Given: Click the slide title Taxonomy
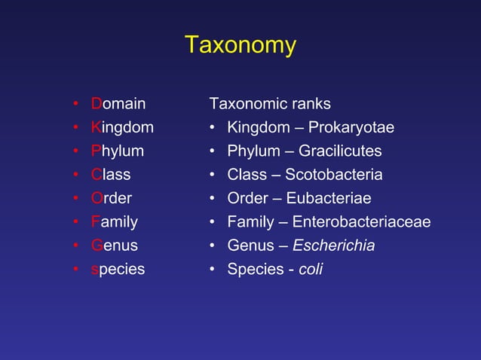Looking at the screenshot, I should point(240,45).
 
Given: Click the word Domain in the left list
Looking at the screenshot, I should point(118,103).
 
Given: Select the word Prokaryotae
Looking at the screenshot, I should point(351,128).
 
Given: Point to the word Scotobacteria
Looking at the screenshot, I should point(333,175).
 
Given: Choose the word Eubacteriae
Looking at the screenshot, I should point(329,199).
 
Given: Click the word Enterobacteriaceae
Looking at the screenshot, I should point(361,222).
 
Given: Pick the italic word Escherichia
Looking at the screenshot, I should point(333,246).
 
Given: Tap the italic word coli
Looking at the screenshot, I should point(311,269).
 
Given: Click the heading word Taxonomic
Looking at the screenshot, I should point(246,103).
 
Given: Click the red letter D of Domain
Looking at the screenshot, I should point(97,103).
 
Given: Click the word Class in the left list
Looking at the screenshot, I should point(111,175).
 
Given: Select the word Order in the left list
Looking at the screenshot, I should point(112,199).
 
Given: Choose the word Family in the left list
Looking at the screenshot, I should point(115,222).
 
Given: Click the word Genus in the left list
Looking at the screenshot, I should point(115,246).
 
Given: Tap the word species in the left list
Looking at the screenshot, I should point(118,270).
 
